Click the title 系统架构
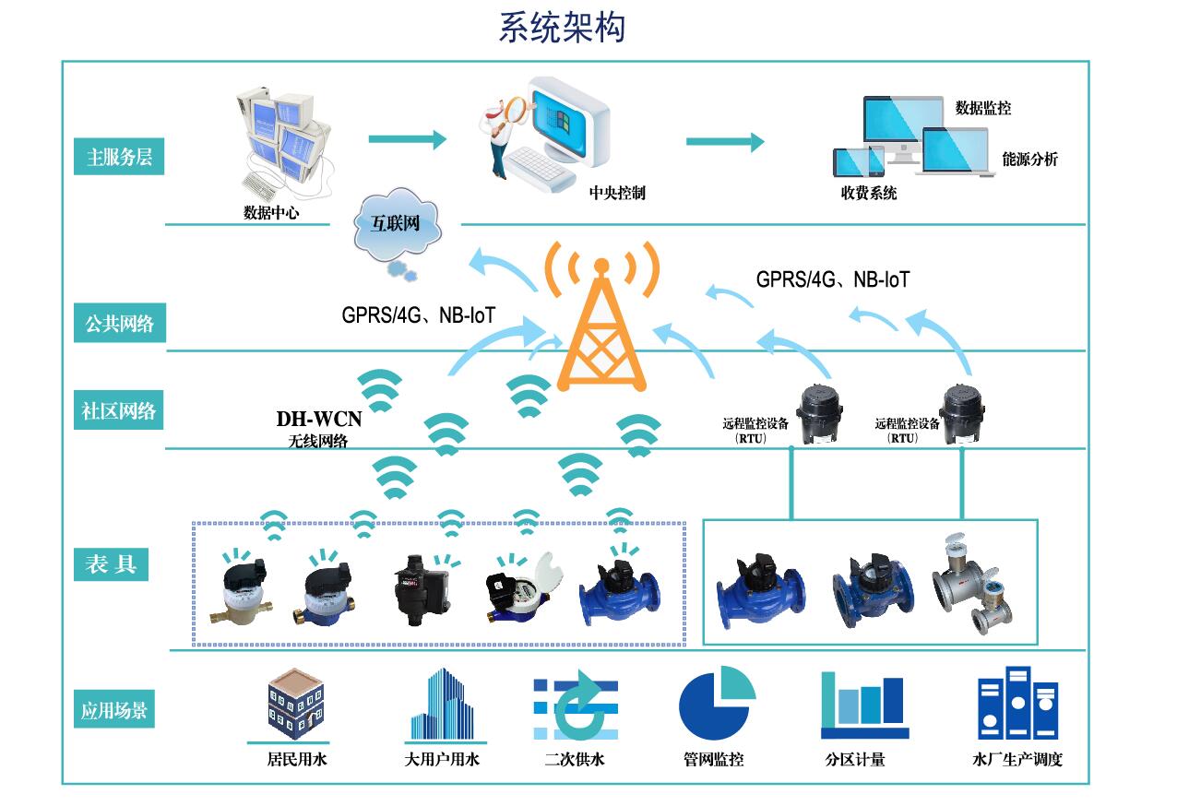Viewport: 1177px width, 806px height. [562, 28]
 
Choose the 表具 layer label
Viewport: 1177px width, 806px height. [111, 564]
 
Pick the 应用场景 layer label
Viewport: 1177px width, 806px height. [113, 711]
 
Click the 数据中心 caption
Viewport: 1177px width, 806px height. [271, 213]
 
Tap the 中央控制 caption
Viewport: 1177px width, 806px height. [617, 194]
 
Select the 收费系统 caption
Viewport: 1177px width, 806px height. [868, 194]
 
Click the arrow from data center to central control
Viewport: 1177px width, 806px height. [407, 139]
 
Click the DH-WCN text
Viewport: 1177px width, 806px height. [319, 420]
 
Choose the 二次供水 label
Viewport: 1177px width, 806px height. [574, 760]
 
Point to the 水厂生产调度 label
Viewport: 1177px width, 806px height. [1017, 760]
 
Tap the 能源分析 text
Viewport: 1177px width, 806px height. [1029, 160]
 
